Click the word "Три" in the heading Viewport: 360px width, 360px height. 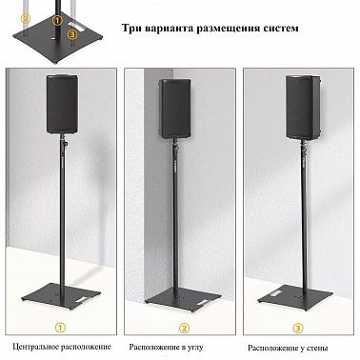point(131,28)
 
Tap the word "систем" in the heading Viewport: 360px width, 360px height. point(281,28)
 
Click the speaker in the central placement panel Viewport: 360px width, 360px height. point(62,104)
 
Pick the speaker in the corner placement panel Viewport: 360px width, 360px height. point(174,109)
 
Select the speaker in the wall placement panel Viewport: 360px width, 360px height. point(302,108)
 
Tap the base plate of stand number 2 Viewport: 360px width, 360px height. point(183,300)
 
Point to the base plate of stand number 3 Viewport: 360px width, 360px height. point(297,297)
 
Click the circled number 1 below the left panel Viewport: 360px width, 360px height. point(60,328)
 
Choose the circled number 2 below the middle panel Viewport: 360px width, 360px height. point(184,329)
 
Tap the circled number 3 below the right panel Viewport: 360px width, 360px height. point(298,329)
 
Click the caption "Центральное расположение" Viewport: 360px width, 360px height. point(62,347)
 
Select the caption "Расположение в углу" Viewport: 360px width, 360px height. point(166,348)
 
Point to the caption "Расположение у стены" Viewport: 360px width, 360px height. point(288,349)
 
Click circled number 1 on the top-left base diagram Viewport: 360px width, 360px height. point(57,21)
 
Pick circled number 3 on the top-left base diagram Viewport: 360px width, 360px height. point(72,33)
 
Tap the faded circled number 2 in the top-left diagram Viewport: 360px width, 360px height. point(26,19)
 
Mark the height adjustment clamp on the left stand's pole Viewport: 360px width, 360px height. point(65,142)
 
